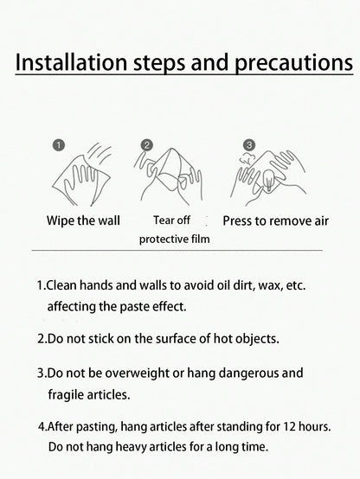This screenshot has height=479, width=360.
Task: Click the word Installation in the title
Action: click(71, 62)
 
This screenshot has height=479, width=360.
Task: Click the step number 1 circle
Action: click(59, 144)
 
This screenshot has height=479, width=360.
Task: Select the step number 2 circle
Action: click(147, 145)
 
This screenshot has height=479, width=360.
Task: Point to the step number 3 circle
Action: click(249, 144)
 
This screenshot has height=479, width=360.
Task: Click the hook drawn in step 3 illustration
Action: click(269, 180)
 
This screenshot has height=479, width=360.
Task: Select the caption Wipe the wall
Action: click(83, 220)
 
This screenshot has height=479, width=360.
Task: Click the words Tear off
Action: click(171, 220)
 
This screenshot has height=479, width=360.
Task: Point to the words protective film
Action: click(174, 239)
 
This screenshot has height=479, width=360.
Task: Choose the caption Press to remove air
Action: click(275, 220)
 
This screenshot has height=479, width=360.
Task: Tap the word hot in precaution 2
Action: click(222, 338)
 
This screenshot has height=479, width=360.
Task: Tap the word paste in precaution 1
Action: click(134, 307)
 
